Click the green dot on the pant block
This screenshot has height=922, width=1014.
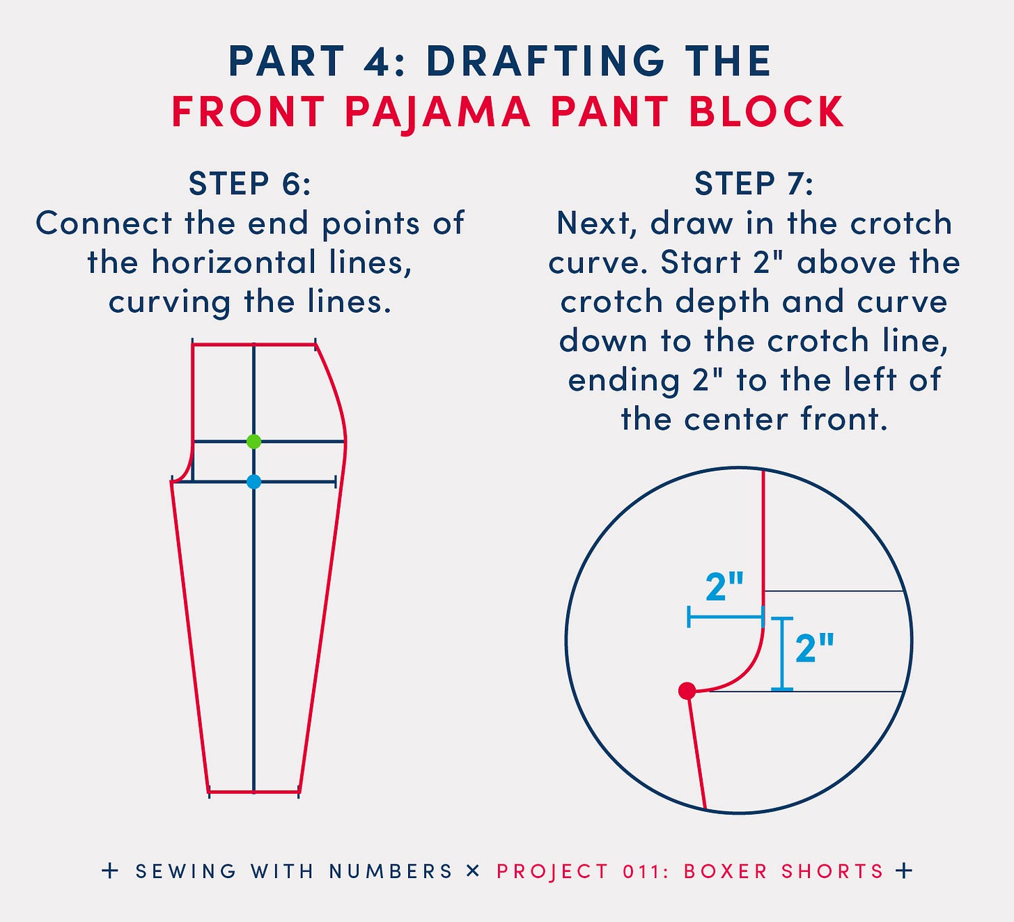pyautogui.click(x=253, y=442)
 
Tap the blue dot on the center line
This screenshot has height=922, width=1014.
pyautogui.click(x=253, y=481)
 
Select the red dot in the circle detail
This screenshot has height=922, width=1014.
pyautogui.click(x=687, y=691)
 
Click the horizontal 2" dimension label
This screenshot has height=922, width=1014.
pyautogui.click(x=724, y=587)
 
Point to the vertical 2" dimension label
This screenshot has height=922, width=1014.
pyautogui.click(x=814, y=648)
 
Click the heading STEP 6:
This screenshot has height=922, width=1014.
pyautogui.click(x=249, y=184)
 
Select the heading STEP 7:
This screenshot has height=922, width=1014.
pyautogui.click(x=754, y=184)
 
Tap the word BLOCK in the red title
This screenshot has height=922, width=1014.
pyautogui.click(x=766, y=111)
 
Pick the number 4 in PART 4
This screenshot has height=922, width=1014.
pyautogui.click(x=378, y=61)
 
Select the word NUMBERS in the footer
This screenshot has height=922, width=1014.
pyautogui.click(x=391, y=871)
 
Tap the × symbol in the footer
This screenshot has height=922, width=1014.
pyautogui.click(x=474, y=870)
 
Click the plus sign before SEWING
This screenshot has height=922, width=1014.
pyautogui.click(x=110, y=870)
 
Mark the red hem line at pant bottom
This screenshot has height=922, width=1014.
pyautogui.click(x=253, y=792)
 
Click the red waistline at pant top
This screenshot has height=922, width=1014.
pyautogui.click(x=253, y=344)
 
